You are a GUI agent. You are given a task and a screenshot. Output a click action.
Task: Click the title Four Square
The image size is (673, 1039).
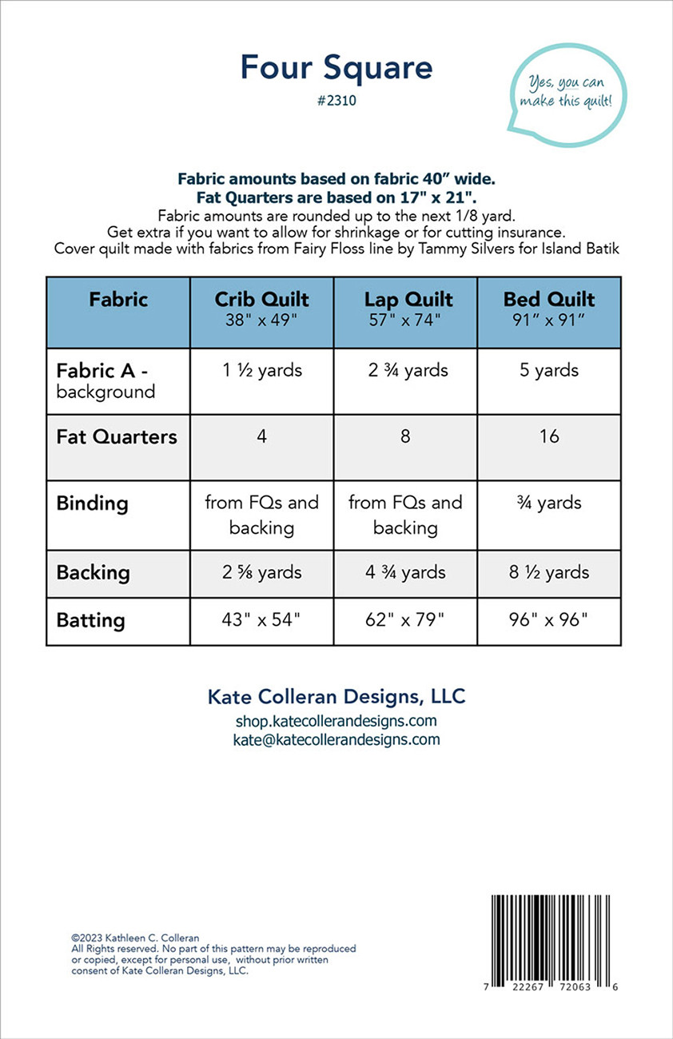(336, 68)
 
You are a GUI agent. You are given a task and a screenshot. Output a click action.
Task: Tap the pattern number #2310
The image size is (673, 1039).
(336, 102)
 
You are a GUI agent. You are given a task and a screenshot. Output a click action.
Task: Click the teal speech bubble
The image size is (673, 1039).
(567, 94)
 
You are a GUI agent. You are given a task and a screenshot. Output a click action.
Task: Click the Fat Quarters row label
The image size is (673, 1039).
(117, 437)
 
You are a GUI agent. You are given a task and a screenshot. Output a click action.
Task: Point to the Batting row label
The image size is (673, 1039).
(91, 621)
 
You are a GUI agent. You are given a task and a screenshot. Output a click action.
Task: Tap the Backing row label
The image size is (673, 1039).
(93, 573)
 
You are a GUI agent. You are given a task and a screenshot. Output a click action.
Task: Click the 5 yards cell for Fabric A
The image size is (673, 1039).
(549, 371)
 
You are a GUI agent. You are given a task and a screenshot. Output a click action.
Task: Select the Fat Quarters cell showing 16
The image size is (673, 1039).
(549, 437)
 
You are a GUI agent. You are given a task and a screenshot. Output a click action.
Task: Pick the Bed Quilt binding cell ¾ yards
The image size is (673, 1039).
(549, 503)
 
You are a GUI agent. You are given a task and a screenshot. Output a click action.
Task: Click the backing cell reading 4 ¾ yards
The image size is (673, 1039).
(405, 573)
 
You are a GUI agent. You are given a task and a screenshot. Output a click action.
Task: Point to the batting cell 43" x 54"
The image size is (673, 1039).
(261, 621)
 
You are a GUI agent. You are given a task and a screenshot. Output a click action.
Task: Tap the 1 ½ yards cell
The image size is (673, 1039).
(261, 371)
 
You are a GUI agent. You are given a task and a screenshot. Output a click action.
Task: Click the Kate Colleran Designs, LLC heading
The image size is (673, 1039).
(336, 696)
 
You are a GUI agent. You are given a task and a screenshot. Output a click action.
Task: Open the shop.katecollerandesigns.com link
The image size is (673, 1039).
(336, 722)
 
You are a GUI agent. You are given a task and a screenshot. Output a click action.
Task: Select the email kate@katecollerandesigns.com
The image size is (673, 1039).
(336, 739)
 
